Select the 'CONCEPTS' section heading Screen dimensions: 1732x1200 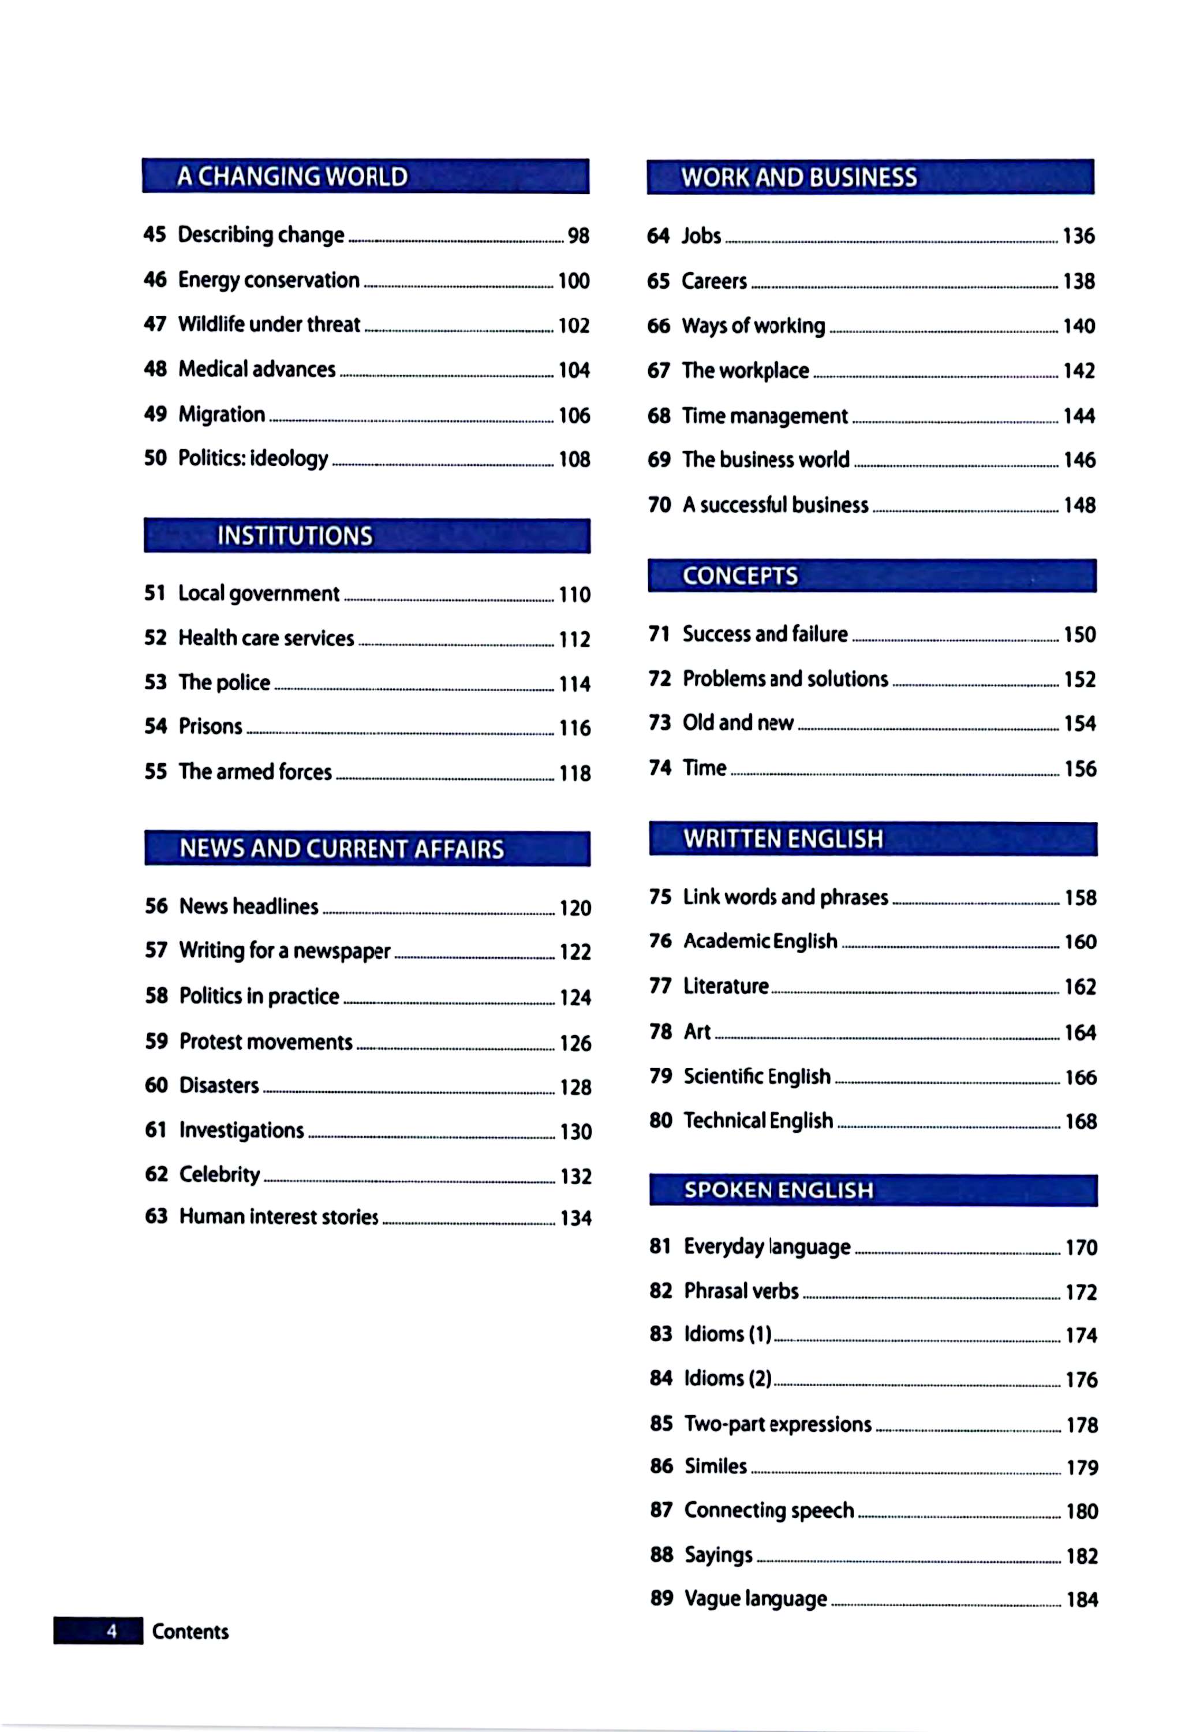[x=740, y=576]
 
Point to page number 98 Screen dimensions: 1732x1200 [x=578, y=236]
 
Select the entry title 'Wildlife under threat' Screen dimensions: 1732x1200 [x=268, y=324]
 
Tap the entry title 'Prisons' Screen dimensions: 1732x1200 [x=211, y=726]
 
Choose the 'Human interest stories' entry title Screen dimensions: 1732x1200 [x=278, y=1217]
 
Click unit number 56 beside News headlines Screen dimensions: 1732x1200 [x=156, y=906]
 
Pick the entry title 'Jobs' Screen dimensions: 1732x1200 [x=701, y=236]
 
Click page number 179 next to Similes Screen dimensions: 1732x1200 [x=1082, y=1467]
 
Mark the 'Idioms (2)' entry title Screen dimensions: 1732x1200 [x=727, y=1379]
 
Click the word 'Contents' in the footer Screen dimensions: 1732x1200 [x=190, y=1631]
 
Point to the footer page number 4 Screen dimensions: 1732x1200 [x=112, y=1631]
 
